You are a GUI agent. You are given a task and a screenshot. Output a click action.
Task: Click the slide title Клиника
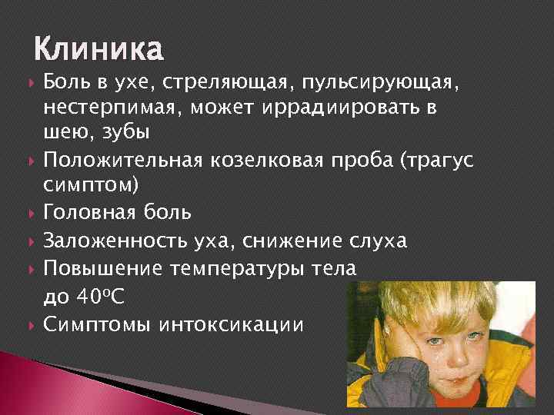tap(98, 50)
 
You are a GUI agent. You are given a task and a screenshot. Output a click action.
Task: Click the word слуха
tap(377, 241)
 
